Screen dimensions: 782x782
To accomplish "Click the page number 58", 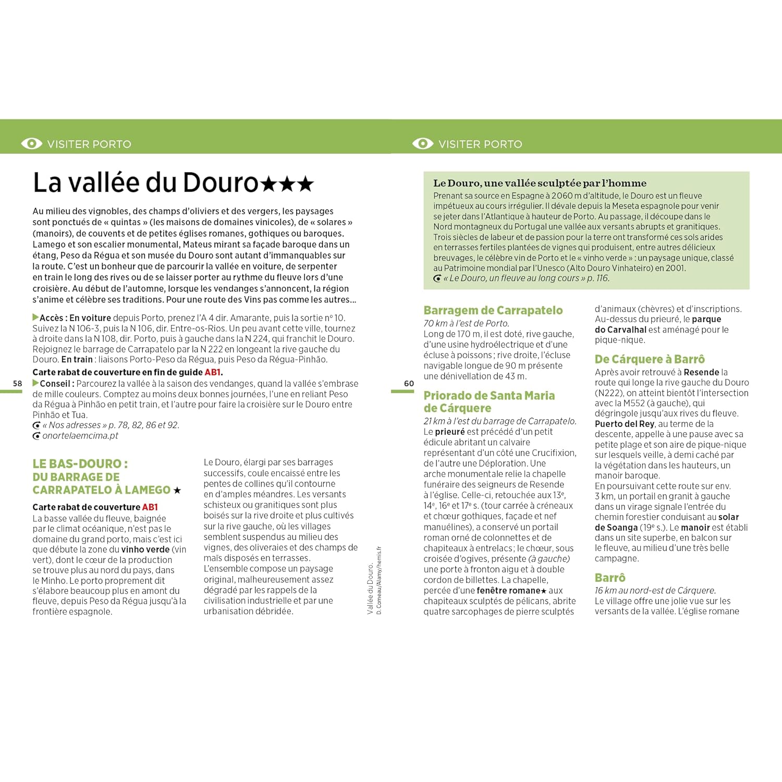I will point(18,384).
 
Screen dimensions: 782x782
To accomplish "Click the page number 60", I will point(409,384).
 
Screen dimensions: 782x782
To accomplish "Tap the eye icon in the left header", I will point(32,143).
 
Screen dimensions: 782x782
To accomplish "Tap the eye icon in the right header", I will point(423,143).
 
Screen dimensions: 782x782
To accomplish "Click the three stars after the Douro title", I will point(287,184).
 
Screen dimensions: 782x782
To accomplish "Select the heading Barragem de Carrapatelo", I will point(493,311).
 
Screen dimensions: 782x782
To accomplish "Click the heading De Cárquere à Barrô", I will point(650,359).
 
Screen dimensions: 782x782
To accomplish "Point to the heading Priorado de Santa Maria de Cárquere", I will point(488,402).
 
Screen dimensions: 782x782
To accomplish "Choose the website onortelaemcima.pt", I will point(80,436).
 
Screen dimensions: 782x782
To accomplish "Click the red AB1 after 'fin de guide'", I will point(213,372).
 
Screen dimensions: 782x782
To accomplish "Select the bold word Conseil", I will point(55,384).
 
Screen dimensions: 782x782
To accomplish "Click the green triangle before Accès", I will point(35,317).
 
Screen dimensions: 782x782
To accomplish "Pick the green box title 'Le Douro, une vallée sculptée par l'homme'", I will point(540,183).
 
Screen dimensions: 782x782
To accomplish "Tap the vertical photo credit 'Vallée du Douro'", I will point(370,589).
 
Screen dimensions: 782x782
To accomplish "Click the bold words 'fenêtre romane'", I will point(508,591).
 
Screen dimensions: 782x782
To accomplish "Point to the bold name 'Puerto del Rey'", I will point(624,424).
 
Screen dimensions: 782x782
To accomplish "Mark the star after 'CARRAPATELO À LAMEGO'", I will point(177,491).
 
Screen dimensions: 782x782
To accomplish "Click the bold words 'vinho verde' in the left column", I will point(145,549).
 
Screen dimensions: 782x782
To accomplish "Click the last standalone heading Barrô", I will point(610,578).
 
